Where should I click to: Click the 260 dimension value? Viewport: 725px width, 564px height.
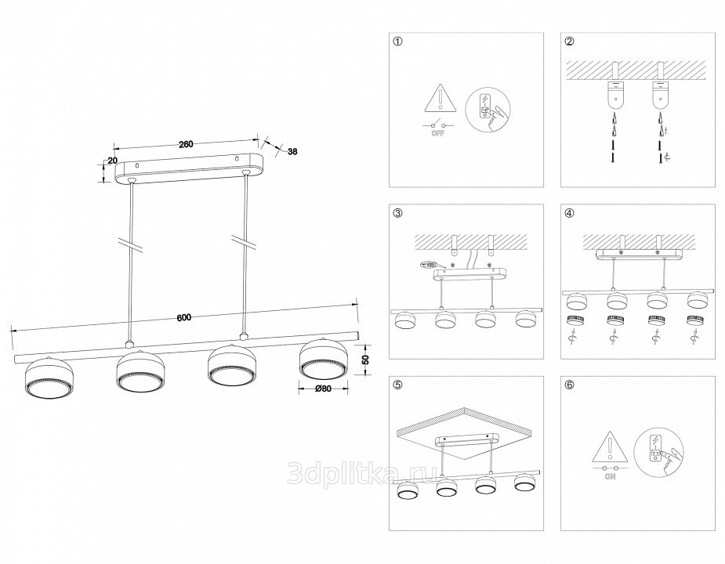tap(186, 144)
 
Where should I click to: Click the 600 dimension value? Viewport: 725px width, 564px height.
tap(184, 317)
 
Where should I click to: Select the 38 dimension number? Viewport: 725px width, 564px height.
tap(292, 151)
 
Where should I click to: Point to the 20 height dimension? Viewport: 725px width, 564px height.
tap(112, 160)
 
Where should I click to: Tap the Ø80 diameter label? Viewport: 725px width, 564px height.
tap(323, 389)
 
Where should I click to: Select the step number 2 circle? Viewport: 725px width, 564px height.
tap(570, 42)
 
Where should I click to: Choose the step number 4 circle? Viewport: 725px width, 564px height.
tap(570, 213)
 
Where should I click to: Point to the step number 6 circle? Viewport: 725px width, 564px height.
tap(570, 385)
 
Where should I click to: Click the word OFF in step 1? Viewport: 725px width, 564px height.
tap(437, 134)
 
